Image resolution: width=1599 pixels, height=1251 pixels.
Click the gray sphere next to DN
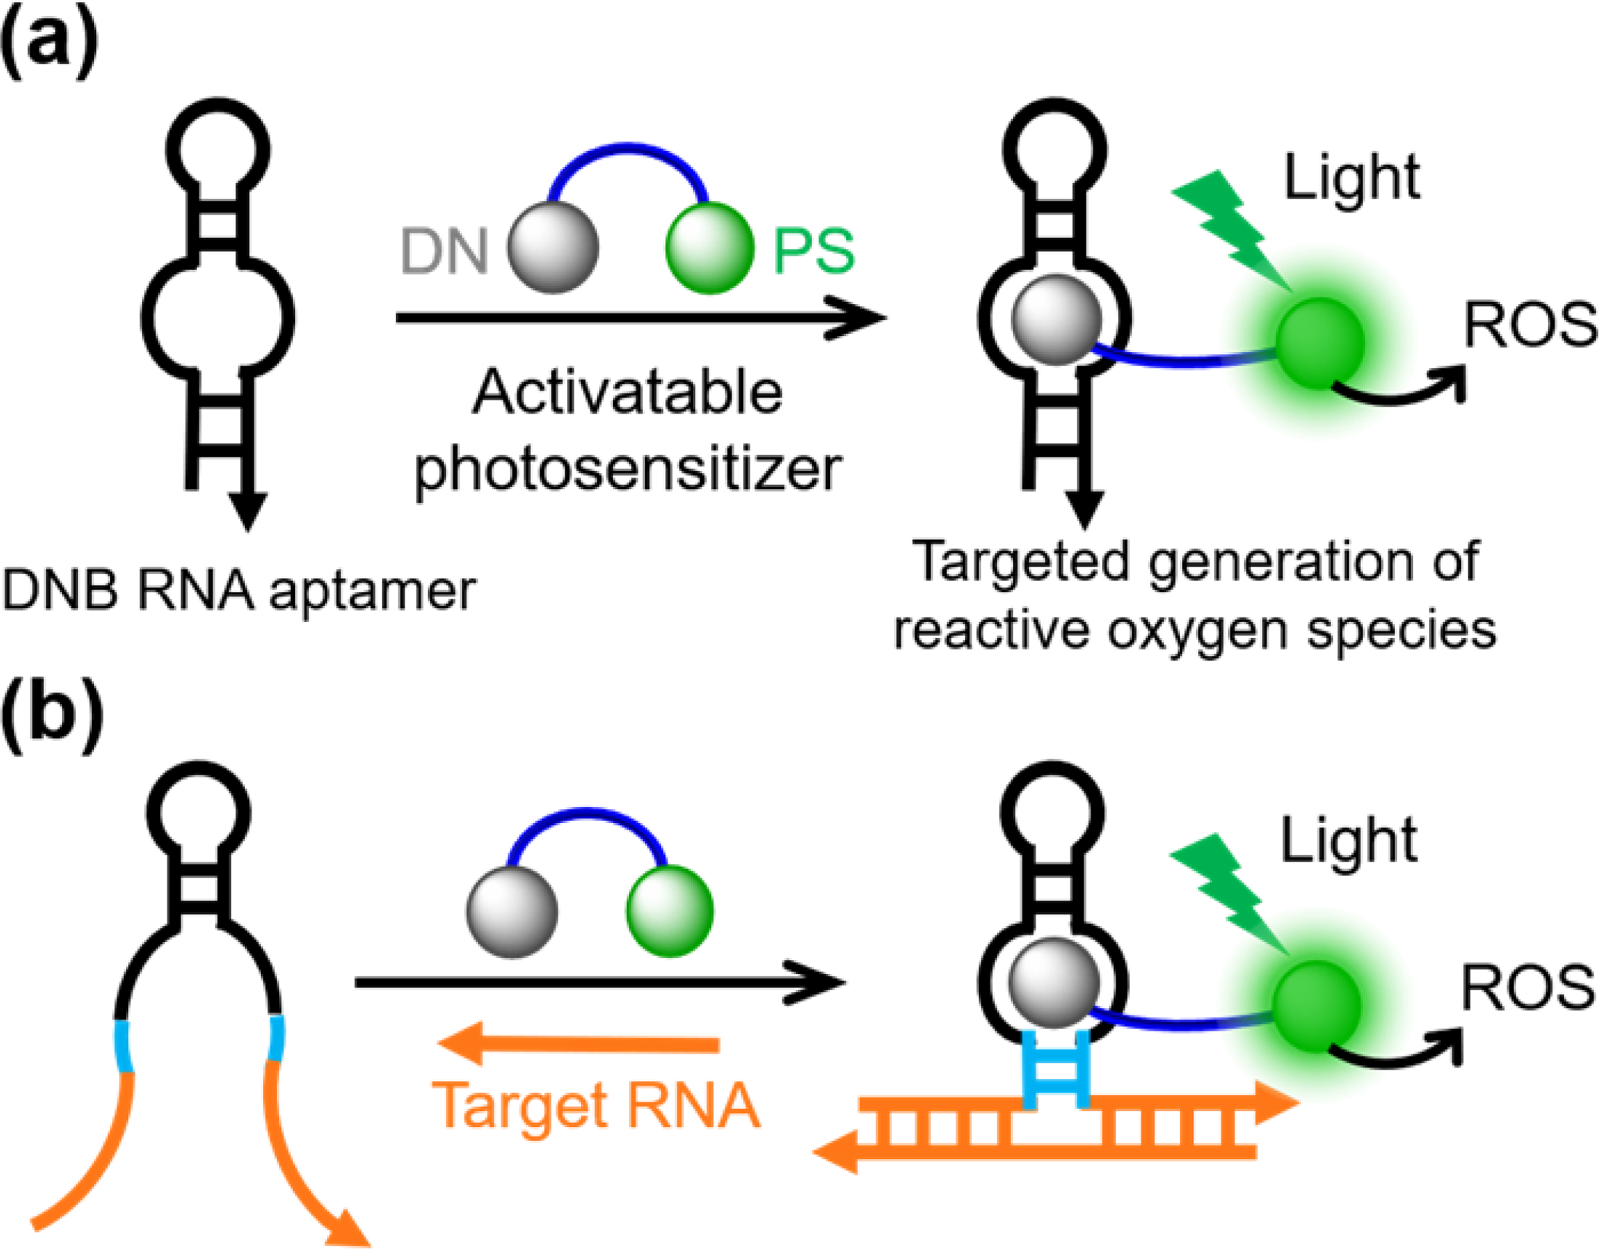point(553,247)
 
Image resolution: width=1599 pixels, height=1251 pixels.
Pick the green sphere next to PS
point(709,247)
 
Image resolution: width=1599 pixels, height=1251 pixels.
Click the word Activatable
point(628,393)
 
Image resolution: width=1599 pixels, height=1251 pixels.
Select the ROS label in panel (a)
point(1530,326)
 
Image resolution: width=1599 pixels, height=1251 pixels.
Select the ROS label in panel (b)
point(1527,989)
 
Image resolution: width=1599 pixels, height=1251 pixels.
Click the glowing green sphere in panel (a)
point(1319,343)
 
